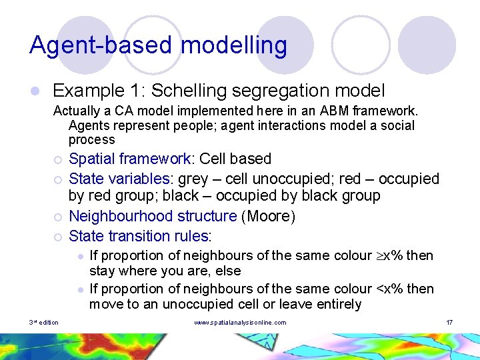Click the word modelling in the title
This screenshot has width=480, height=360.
(x=234, y=45)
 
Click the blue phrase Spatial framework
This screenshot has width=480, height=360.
(x=130, y=159)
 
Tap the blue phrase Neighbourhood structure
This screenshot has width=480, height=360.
(x=153, y=216)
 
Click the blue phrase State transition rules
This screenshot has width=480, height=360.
(x=139, y=235)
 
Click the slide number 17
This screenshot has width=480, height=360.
(x=449, y=323)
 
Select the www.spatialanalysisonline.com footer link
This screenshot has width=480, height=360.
(x=240, y=323)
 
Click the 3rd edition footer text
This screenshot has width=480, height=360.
(x=44, y=323)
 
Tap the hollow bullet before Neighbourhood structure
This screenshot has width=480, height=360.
(x=59, y=217)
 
